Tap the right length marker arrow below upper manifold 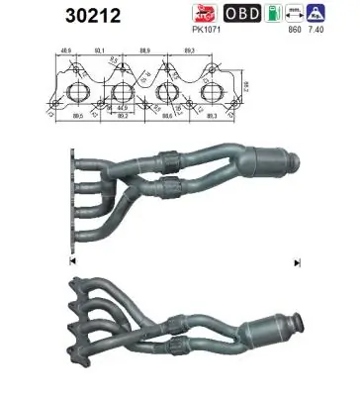click(x=296, y=262)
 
